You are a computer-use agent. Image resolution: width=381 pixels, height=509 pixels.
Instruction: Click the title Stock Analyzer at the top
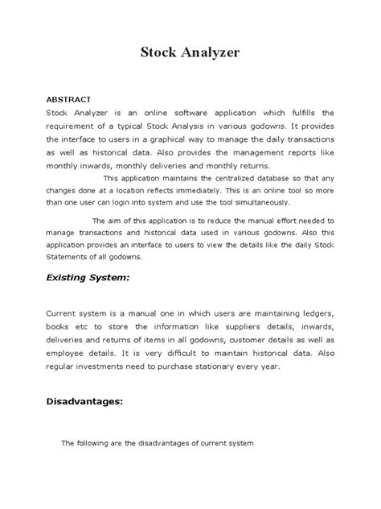(190, 54)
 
